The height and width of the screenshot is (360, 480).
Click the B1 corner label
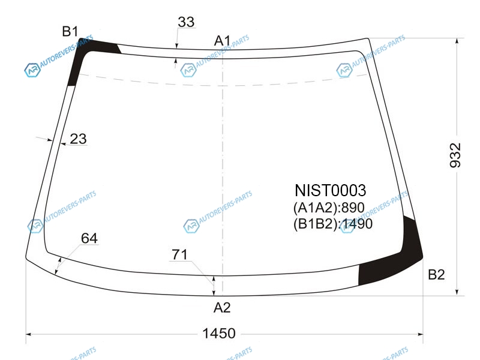(70, 31)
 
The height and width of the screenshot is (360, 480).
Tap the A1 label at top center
(222, 41)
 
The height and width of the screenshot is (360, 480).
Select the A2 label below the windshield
(222, 308)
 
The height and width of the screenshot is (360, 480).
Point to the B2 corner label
(436, 275)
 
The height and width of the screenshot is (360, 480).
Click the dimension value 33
(186, 22)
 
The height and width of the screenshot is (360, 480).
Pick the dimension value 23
(79, 139)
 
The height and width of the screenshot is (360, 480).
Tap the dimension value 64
(89, 238)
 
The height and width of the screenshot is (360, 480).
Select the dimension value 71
(179, 254)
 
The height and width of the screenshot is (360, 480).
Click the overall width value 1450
(219, 334)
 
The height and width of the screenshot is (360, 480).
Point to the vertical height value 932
(455, 155)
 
